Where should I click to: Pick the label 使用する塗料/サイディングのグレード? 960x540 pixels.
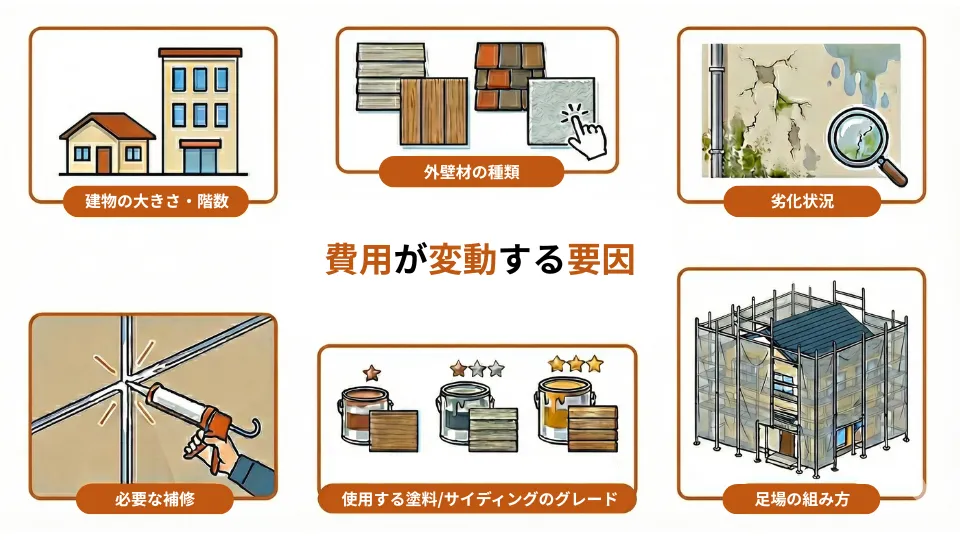coord(476,498)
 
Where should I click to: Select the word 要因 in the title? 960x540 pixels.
coord(599,259)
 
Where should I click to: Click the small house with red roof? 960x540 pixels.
coord(107,142)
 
